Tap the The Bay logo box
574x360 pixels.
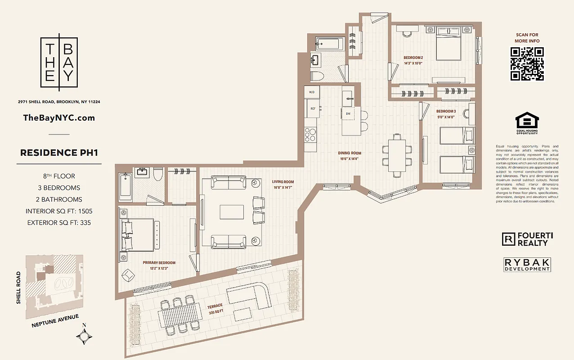point(59,63)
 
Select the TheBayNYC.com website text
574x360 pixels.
point(59,118)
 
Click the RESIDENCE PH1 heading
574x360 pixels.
point(59,153)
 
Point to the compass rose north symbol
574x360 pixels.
point(85,335)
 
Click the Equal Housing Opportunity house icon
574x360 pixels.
point(527,121)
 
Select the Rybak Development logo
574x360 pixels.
point(527,265)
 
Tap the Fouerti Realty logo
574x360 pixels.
point(527,239)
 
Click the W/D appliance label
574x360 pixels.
point(312,93)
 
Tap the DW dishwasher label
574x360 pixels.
point(348,114)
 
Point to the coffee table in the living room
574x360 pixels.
point(232,212)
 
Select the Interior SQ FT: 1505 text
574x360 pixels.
point(59,211)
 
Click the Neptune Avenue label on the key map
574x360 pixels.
point(55,321)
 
